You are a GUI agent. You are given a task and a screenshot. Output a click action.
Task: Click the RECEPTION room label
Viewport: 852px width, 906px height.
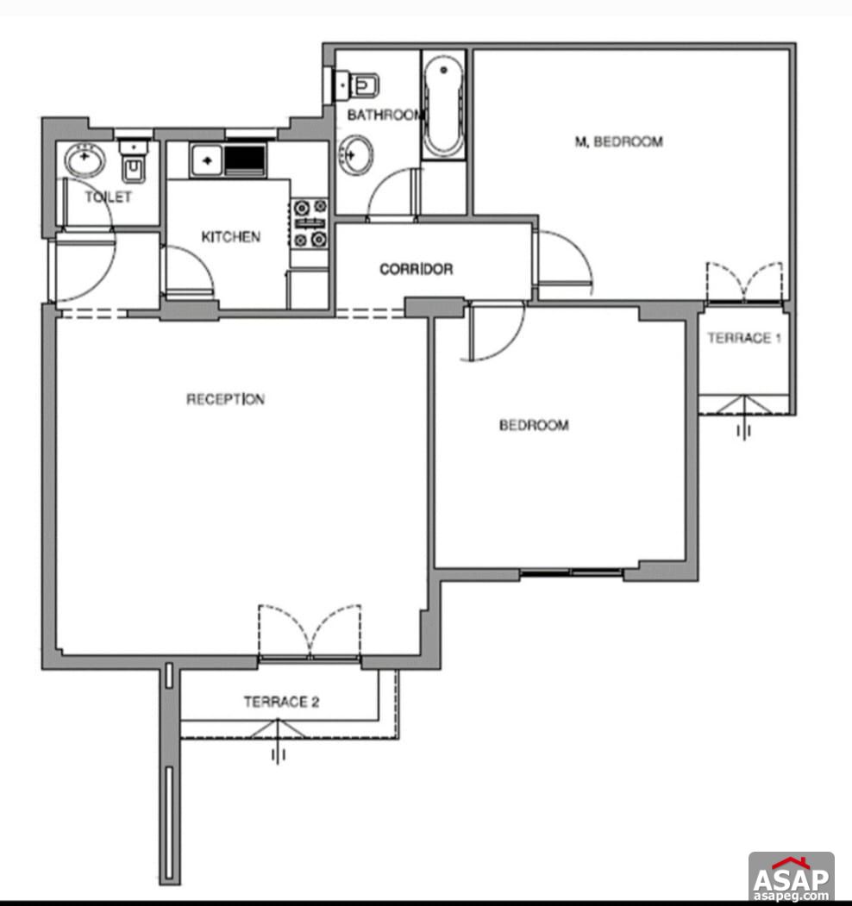click(226, 399)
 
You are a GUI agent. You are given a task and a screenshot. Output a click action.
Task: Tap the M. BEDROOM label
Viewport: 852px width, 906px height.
click(618, 141)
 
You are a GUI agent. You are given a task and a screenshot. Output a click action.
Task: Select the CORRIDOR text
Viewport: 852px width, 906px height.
click(416, 269)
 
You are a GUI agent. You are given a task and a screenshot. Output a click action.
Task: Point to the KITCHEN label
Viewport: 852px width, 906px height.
click(230, 236)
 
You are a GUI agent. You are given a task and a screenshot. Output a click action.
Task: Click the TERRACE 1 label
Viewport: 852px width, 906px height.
click(744, 338)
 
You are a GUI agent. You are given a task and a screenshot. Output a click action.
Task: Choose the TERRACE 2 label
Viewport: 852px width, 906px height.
click(281, 702)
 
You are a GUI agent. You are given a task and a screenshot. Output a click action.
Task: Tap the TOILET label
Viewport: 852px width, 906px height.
click(109, 197)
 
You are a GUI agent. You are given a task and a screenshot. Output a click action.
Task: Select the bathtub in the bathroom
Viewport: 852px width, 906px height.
click(445, 105)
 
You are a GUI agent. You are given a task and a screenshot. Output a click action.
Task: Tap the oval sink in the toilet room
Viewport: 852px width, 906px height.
click(85, 159)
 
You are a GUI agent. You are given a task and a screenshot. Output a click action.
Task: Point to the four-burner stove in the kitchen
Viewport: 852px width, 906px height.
click(310, 222)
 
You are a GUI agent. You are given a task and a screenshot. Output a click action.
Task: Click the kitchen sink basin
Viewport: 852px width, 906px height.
click(207, 159)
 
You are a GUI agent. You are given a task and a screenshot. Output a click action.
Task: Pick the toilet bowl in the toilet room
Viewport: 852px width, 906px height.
click(134, 166)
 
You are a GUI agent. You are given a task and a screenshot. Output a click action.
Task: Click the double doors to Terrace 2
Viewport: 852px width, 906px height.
click(309, 633)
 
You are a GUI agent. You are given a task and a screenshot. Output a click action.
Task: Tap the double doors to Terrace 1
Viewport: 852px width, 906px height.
click(743, 282)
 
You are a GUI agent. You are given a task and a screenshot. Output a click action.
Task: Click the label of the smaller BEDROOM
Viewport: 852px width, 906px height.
click(534, 425)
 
